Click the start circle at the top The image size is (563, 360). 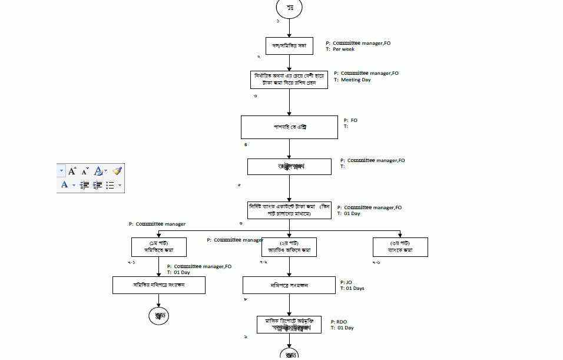tap(289, 8)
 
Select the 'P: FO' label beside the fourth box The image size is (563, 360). tap(350, 121)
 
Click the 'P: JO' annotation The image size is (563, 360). tap(346, 282)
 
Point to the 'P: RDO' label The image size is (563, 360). tap(339, 322)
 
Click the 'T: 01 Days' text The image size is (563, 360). tap(352, 289)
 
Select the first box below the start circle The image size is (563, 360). tap(289, 46)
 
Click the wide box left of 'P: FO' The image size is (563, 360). tap(289, 127)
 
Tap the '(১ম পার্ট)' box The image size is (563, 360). tap(158, 247)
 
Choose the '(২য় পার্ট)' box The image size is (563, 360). tap(289, 247)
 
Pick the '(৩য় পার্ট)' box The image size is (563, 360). tap(400, 247)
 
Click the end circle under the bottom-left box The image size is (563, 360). tap(158, 316)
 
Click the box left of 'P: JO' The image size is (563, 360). tap(289, 285)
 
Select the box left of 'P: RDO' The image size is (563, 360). tap(289, 325)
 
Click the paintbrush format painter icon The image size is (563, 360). tap(117, 171)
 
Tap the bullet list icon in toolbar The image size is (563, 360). tap(110, 185)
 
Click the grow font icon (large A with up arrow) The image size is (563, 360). tap(72, 171)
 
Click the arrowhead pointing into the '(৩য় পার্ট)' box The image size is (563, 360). tap(400, 235)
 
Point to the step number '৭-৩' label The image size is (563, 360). tap(376, 262)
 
